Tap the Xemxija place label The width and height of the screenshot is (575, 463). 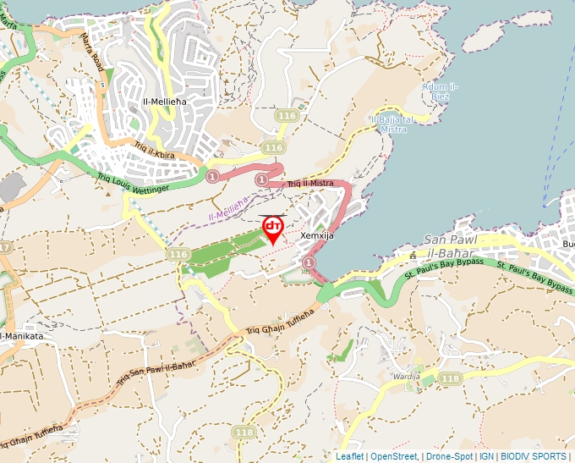(x=318, y=236)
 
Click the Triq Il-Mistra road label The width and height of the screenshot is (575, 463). (x=310, y=183)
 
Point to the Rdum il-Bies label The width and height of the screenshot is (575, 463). (x=441, y=91)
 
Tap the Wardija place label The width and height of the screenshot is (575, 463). (x=406, y=374)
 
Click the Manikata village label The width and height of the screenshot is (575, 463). (x=23, y=336)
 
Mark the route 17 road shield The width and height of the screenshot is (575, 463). (x=4, y=247)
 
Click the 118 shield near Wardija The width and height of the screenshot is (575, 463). (x=450, y=378)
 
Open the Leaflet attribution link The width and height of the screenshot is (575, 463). (x=349, y=456)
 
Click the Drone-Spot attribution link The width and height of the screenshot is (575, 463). (x=449, y=456)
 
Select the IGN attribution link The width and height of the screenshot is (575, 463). (x=486, y=456)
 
